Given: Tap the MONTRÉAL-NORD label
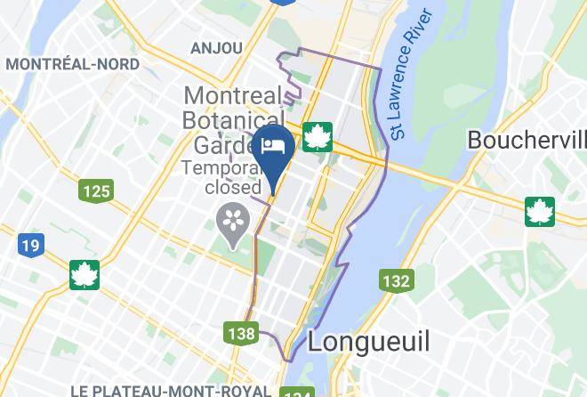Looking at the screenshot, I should coord(72,64).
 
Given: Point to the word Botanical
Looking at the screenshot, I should coord(233,118).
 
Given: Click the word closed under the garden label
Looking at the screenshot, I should coord(233,187).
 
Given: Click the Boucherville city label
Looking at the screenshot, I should coord(527,140).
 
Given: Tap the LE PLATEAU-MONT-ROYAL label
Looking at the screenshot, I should coord(171,390).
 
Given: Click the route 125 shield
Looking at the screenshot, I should coord(94,190).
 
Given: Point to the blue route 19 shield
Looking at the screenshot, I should coord(29,244).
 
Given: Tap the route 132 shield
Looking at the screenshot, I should coord(396,281).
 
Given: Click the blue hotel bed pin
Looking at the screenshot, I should coord(272,146).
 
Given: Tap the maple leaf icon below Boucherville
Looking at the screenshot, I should coord(539,211).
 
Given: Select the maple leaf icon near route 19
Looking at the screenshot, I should coord(84,275).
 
